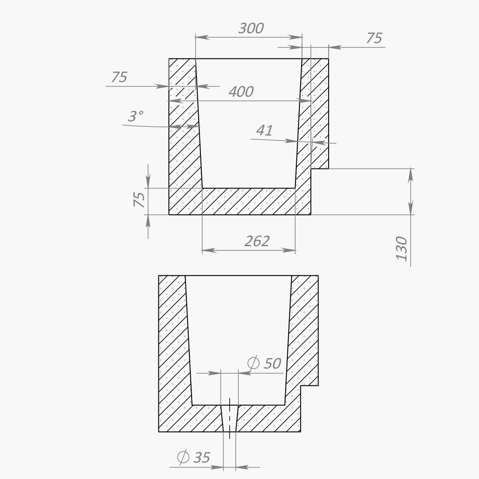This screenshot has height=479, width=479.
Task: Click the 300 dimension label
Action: pos(251,28)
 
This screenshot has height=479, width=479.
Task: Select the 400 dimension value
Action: pos(241,92)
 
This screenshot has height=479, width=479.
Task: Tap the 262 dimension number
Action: pos(257,241)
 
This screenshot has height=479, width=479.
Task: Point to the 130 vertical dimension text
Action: pos(402,248)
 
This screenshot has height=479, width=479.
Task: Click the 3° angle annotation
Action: pos(135,116)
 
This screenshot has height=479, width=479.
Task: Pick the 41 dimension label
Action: pos(264,131)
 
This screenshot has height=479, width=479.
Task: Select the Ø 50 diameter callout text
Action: pos(264,363)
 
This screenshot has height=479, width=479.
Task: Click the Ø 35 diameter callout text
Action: pos(194,457)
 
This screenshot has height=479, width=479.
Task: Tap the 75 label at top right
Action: pos(374,38)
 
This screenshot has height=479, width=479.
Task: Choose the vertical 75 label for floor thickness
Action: pos(139,200)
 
